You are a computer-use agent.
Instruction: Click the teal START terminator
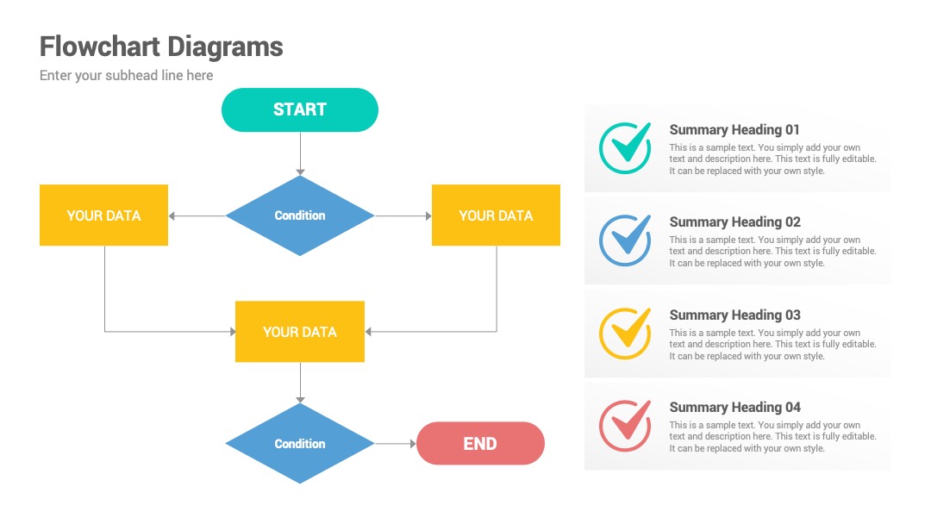coord(300,109)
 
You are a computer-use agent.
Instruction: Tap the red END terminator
coord(480,443)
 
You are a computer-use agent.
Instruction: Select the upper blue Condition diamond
coord(300,215)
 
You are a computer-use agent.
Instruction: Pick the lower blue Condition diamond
coord(300,443)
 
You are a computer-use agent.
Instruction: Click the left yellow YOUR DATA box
coord(104,215)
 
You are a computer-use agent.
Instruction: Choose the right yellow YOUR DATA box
coord(496,215)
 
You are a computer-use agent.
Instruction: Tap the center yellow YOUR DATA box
coord(300,331)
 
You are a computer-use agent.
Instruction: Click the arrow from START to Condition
coord(301,153)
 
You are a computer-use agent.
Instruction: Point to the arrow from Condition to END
coord(396,443)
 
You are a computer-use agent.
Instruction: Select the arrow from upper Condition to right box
coord(403,216)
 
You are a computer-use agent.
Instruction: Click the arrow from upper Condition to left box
coord(197,216)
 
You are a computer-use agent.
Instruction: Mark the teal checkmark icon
coord(625,147)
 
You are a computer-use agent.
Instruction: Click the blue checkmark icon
coord(625,240)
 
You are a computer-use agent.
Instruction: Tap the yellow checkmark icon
coord(625,333)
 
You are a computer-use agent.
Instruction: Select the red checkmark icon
coord(625,426)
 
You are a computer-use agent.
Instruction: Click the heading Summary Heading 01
coord(734,130)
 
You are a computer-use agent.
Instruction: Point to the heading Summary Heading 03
coord(735,315)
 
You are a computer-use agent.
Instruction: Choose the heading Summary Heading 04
coord(735,407)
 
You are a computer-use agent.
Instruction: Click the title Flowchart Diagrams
coord(161,47)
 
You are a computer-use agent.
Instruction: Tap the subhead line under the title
coord(127,75)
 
